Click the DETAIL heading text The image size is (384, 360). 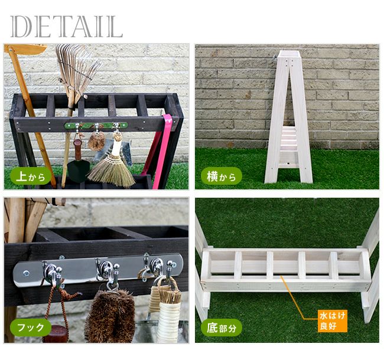click(x=66, y=27)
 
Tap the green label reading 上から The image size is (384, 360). click(x=31, y=176)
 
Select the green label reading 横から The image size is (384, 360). click(x=222, y=176)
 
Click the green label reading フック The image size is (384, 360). click(x=31, y=327)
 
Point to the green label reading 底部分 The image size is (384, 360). click(x=222, y=327)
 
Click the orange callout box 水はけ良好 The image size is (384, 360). click(x=333, y=321)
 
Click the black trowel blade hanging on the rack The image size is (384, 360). click(x=78, y=171)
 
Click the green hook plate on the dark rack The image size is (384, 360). click(x=96, y=126)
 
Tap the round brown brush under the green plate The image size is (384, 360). click(x=97, y=141)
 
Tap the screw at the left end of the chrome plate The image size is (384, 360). click(x=26, y=273)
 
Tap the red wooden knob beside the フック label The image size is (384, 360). click(x=56, y=334)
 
